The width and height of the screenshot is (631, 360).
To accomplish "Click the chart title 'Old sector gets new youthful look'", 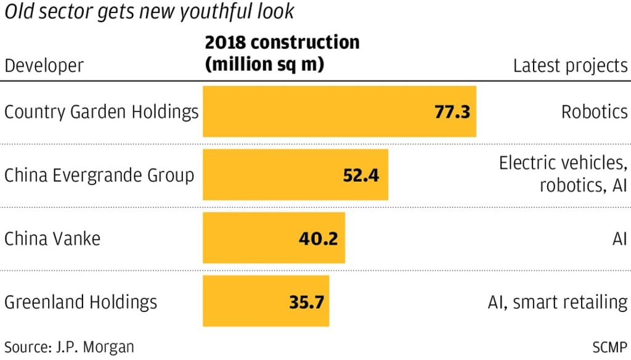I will click(x=149, y=11).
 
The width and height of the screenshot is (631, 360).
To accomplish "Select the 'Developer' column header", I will click(x=44, y=65).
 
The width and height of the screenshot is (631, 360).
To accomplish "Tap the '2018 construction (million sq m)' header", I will click(x=282, y=53).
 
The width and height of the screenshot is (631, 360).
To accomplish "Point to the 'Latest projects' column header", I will click(x=570, y=65).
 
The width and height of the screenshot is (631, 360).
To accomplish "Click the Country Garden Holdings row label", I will click(x=101, y=112).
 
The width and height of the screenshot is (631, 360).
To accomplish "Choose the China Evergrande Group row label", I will click(x=99, y=175).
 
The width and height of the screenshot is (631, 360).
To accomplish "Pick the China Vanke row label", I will click(x=52, y=239).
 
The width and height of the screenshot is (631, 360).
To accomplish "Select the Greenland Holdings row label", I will click(x=81, y=302).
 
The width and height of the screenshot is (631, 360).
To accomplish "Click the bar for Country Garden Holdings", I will click(x=339, y=112).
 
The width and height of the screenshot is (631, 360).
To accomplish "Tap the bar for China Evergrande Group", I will click(x=295, y=175).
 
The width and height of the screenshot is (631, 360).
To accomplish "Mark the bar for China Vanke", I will click(x=274, y=239).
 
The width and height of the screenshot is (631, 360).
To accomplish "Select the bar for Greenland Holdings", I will click(x=266, y=302).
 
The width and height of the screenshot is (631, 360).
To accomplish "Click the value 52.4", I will click(x=361, y=175).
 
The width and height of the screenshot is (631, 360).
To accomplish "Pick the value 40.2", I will click(x=318, y=239).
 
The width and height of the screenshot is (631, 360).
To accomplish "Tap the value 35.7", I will click(x=306, y=302).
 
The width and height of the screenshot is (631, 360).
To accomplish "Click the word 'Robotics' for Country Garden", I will click(x=594, y=112).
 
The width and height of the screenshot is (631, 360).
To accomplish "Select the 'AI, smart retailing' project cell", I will click(x=557, y=302).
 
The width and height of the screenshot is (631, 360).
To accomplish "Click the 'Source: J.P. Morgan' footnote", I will click(x=69, y=346).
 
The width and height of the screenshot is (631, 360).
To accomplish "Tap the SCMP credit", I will click(x=609, y=346).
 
